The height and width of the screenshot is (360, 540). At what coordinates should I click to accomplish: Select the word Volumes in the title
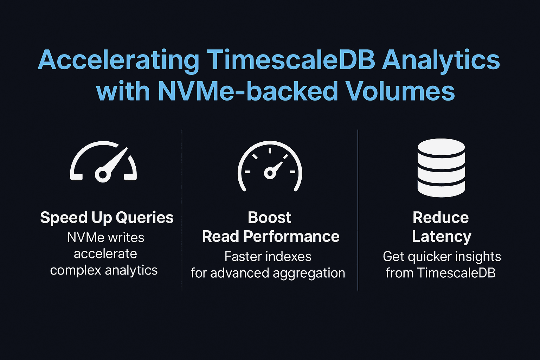coord(400,91)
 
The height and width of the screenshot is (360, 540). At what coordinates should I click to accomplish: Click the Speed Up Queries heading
coord(107,218)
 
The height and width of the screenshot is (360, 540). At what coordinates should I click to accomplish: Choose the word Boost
coord(270,218)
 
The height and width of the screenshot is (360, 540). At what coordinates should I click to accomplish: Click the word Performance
coord(291,237)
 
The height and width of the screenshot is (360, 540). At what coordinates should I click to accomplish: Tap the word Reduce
coord(441,218)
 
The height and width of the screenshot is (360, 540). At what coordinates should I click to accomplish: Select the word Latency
coord(442,237)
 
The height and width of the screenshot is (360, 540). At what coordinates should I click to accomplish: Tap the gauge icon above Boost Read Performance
coord(270,167)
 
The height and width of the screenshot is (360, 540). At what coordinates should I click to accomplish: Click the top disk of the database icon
coord(441,147)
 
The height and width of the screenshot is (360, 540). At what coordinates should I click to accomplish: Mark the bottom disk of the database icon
coord(441,188)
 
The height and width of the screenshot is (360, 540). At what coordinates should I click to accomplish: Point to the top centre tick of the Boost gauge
coord(270,150)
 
